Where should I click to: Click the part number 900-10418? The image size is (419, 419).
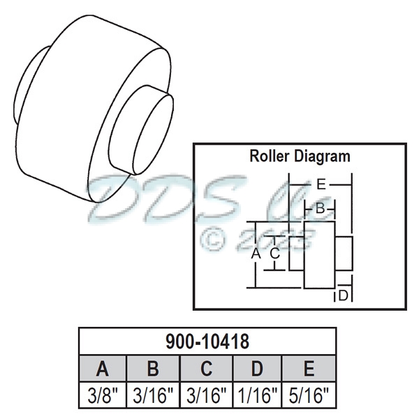(207, 342)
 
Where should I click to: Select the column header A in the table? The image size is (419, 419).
(102, 368)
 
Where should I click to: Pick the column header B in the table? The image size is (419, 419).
(154, 368)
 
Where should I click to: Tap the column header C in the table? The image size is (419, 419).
(206, 368)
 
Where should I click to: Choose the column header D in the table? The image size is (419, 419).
(258, 368)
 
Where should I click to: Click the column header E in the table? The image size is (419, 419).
(309, 368)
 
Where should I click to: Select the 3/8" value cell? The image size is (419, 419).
(102, 396)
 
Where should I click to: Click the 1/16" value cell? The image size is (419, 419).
(258, 396)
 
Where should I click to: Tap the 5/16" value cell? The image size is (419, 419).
(309, 396)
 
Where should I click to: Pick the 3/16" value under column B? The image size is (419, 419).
(154, 396)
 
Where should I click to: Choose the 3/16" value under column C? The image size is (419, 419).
(206, 396)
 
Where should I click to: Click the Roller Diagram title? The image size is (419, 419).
(300, 156)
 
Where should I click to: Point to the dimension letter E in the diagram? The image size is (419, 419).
(321, 185)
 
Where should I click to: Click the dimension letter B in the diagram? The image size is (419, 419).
(319, 208)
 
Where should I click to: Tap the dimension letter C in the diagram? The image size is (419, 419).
(275, 253)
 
